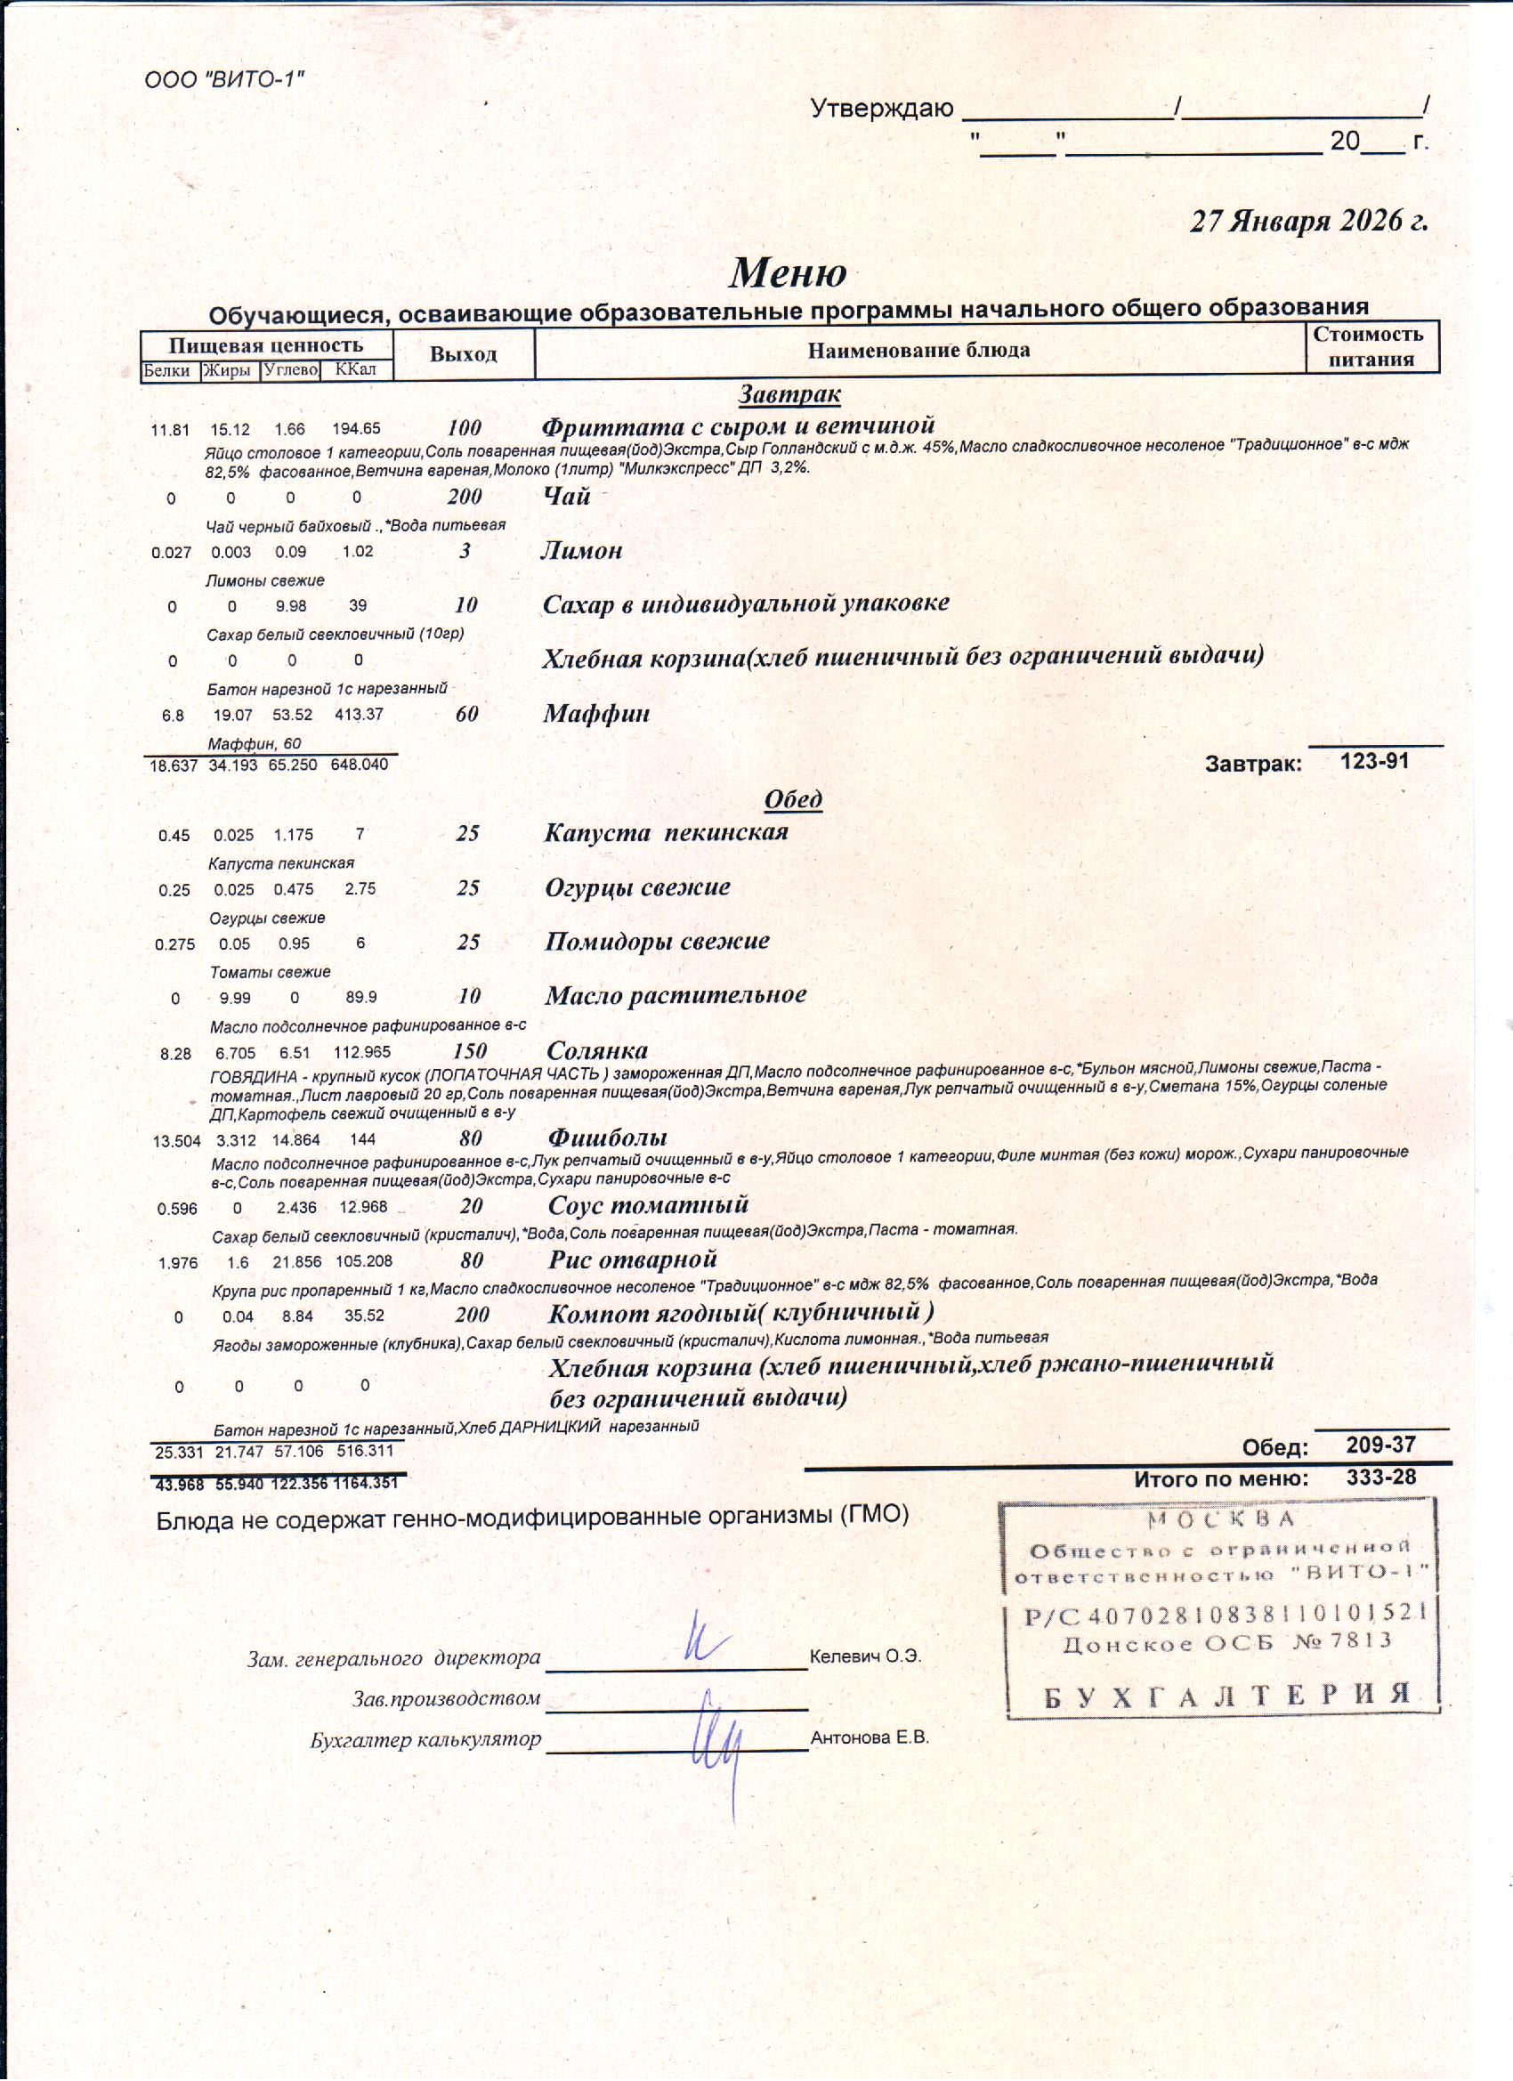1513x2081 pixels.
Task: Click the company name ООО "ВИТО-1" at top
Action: pyautogui.click(x=224, y=80)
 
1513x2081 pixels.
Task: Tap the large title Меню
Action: pyautogui.click(x=788, y=272)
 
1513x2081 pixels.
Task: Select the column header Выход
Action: pyautogui.click(x=464, y=354)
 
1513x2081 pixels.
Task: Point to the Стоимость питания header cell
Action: pyautogui.click(x=1371, y=347)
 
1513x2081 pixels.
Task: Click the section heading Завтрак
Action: pyautogui.click(x=789, y=394)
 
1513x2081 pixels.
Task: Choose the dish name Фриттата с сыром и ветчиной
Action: pyautogui.click(x=738, y=426)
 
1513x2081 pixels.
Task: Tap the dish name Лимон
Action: pyautogui.click(x=582, y=551)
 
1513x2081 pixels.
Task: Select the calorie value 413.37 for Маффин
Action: pyautogui.click(x=359, y=714)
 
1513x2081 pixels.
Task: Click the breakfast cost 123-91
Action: pyautogui.click(x=1373, y=761)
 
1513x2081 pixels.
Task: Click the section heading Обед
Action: pyautogui.click(x=793, y=799)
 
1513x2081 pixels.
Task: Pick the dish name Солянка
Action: pyautogui.click(x=597, y=1050)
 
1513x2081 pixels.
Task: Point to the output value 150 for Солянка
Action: pyautogui.click(x=470, y=1050)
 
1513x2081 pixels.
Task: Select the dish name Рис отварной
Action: pyautogui.click(x=632, y=1259)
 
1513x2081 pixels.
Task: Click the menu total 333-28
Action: pyautogui.click(x=1381, y=1478)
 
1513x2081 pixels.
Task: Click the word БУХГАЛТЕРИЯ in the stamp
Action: pyautogui.click(x=1226, y=1695)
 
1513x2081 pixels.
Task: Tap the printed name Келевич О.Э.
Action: pyautogui.click(x=865, y=1657)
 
